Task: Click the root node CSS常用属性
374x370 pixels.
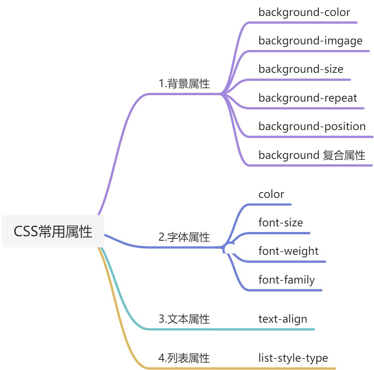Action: pos(53,231)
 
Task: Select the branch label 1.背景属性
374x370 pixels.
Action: pos(184,84)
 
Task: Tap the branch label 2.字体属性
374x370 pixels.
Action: pos(184,237)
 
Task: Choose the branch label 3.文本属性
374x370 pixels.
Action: pos(184,319)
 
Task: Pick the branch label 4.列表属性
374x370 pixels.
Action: pos(184,358)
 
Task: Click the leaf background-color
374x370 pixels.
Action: pos(304,12)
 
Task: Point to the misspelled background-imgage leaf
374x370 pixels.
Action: pos(310,41)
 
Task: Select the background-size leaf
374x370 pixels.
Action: pos(301,69)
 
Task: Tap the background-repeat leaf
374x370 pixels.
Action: pos(308,98)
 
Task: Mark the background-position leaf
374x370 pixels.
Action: pos(312,126)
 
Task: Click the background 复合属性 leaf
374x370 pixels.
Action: pos(312,155)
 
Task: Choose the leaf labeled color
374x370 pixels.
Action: pos(271,194)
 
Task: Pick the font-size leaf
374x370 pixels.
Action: pos(280,222)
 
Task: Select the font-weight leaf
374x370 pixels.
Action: pos(288,251)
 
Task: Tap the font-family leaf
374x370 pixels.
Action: pos(287,280)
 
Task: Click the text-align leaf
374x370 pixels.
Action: pos(283,319)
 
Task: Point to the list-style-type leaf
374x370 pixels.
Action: pos(293,358)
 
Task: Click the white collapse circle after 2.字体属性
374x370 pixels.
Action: pos(229,248)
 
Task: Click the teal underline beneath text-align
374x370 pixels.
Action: pos(284,329)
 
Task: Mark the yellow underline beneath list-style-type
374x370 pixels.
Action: pos(295,368)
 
